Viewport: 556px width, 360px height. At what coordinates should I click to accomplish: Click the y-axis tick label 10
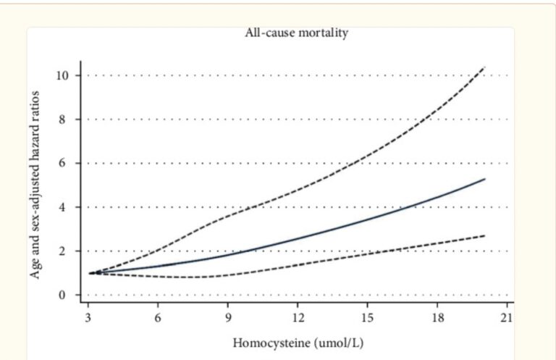pyautogui.click(x=67, y=75)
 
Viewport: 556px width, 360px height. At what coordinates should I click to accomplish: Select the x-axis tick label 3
pyautogui.click(x=89, y=317)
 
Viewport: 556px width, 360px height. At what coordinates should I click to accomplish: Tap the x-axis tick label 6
pyautogui.click(x=159, y=317)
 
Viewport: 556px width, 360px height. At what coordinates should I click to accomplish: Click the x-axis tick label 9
pyautogui.click(x=228, y=317)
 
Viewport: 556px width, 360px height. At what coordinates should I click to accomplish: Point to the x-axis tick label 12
pyautogui.click(x=298, y=317)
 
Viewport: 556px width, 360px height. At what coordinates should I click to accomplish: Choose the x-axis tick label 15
pyautogui.click(x=368, y=317)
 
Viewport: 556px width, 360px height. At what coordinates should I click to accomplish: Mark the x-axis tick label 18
pyautogui.click(x=437, y=317)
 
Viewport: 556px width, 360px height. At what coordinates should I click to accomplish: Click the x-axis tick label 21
pyautogui.click(x=507, y=317)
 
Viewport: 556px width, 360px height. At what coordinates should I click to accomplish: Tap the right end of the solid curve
pyautogui.click(x=484, y=179)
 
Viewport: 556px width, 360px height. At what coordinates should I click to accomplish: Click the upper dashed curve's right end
pyautogui.click(x=484, y=67)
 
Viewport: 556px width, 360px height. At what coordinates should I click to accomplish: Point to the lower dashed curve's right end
pyautogui.click(x=484, y=235)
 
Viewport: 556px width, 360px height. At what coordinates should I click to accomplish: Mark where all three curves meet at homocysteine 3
pyautogui.click(x=90, y=273)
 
